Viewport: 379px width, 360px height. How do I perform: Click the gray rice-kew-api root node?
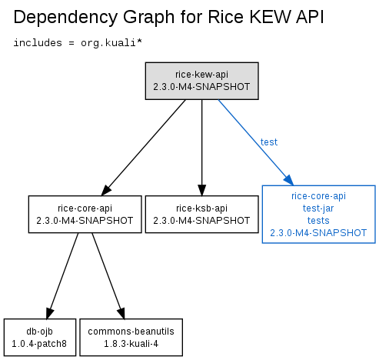[201, 81]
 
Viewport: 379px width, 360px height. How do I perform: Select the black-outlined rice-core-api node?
[85, 215]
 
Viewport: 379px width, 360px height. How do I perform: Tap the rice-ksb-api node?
[201, 215]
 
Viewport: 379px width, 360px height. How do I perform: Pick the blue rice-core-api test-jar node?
[318, 214]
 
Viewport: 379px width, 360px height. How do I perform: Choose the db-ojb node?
[40, 338]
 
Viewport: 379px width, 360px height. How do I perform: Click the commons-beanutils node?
[131, 338]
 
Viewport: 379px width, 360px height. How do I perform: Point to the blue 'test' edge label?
[269, 142]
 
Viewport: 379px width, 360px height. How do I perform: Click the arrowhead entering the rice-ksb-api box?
[201, 190]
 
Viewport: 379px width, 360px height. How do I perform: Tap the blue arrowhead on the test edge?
[289, 180]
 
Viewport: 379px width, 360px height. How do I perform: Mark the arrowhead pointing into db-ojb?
[49, 313]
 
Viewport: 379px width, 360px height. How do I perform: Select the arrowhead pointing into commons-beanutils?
[121, 313]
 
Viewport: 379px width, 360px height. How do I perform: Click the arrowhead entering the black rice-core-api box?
[106, 190]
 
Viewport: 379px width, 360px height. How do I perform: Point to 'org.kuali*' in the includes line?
[111, 43]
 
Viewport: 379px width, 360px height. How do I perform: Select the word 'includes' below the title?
[38, 42]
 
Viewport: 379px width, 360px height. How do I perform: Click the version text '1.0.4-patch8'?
[39, 344]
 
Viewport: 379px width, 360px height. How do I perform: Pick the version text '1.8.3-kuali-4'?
[131, 344]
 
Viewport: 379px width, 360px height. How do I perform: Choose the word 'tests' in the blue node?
[318, 221]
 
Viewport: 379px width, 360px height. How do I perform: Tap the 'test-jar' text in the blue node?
[318, 208]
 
